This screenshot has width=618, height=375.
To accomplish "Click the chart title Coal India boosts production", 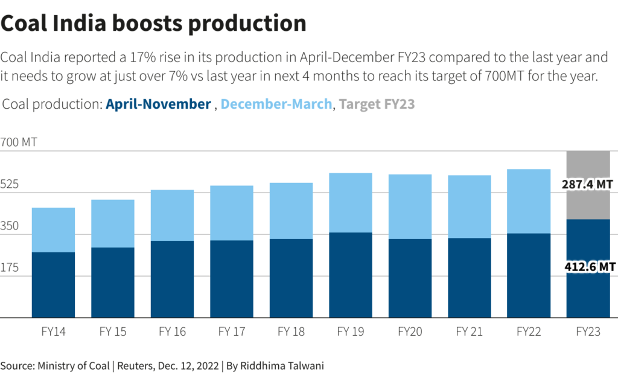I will click(154, 23).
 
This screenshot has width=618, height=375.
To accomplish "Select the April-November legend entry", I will click(158, 104).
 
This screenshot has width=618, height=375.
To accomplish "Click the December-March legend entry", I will click(276, 104).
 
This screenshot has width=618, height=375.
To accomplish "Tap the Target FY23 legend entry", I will click(377, 104).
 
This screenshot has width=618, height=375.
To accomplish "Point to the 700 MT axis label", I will click(19, 143).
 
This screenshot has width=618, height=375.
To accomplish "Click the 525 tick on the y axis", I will click(10, 185).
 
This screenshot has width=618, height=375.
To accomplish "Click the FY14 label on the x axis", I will click(53, 332).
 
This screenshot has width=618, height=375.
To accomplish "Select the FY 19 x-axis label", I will click(350, 332).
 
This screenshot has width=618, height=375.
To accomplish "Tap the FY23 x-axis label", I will click(588, 332).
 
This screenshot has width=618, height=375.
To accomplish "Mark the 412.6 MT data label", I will click(588, 266).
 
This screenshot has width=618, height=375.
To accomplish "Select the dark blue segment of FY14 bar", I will click(53, 284).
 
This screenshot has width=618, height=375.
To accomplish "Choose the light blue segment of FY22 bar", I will click(529, 201).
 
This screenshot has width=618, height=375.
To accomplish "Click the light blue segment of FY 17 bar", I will click(231, 213).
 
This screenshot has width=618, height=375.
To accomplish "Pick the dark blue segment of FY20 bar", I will click(410, 278).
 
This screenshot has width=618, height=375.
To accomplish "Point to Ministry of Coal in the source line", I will click(73, 365).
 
